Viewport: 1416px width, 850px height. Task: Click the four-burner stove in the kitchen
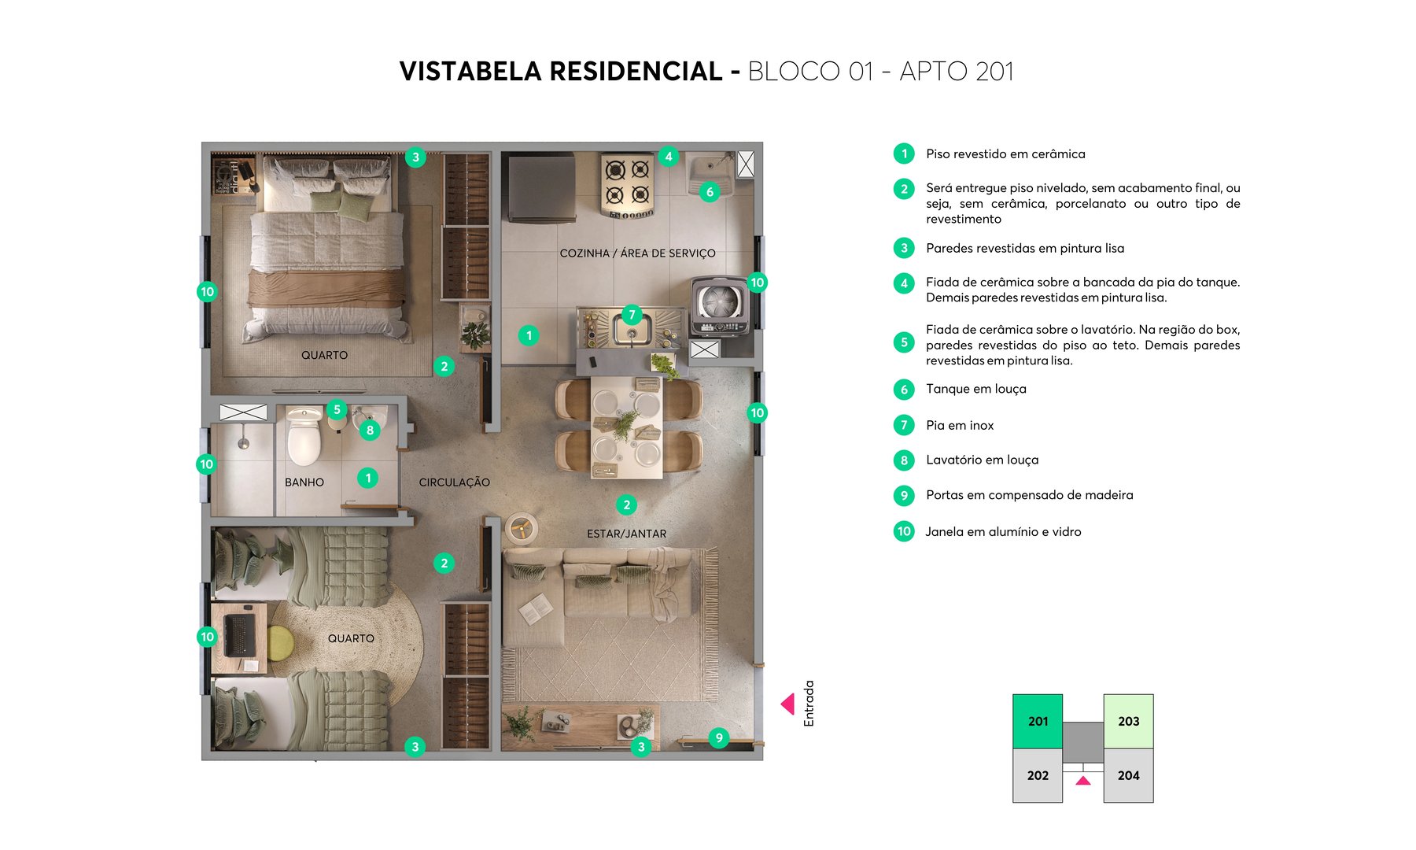coord(628,186)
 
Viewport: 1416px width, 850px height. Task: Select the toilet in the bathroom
coord(304,437)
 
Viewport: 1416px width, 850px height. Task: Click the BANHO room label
coord(304,482)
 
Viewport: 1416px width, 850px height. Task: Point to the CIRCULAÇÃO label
coord(454,482)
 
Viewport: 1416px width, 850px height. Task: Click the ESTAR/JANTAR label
coord(626,534)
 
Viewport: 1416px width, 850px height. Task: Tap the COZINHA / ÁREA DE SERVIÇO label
coord(637,253)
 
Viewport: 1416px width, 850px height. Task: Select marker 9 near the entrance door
coord(718,737)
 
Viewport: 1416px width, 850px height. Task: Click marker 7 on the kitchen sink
coord(632,315)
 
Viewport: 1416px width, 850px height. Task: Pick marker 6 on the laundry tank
coord(710,191)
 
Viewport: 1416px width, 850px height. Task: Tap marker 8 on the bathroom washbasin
coord(370,430)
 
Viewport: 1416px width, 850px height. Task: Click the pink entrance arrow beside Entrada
coord(787,704)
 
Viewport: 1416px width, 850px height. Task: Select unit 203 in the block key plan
coord(1128,721)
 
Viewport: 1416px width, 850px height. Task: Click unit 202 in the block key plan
coord(1038,775)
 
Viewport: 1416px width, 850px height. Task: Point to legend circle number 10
coord(904,531)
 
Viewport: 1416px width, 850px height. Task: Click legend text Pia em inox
coord(960,425)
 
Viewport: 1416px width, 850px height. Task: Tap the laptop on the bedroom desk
coord(239,634)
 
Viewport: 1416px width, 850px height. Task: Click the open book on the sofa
coord(537,608)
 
